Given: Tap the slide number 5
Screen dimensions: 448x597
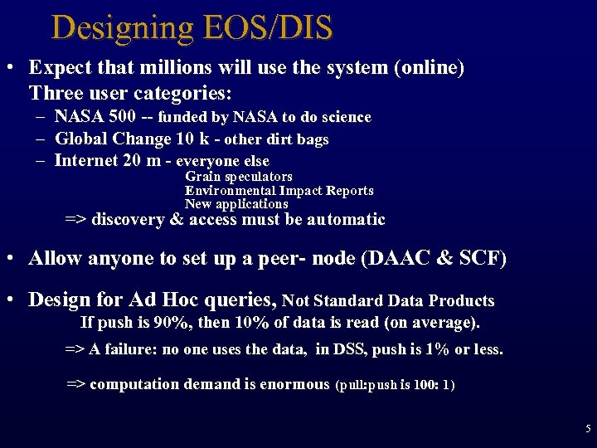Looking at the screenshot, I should (588, 429).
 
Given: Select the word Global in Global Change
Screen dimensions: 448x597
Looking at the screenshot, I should (79, 139).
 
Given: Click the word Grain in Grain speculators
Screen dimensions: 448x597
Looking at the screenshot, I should (201, 177).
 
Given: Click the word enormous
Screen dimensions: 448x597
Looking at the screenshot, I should (294, 384).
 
